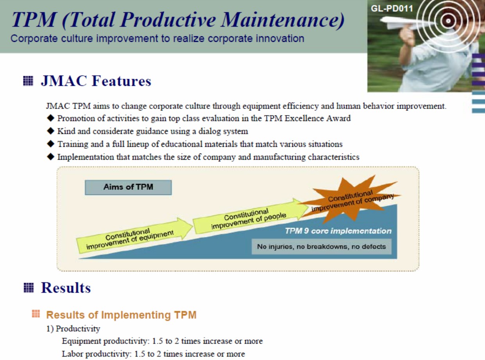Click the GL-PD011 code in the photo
tap(392, 9)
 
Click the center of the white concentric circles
tap(448, 21)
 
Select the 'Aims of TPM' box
tap(128, 187)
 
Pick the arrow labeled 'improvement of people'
tap(251, 216)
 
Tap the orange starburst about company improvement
tap(350, 200)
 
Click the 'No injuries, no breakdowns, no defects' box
tap(321, 247)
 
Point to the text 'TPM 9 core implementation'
tap(338, 231)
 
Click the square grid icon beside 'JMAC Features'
tap(28, 81)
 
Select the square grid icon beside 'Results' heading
tap(29, 287)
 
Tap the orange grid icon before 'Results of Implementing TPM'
tap(36, 314)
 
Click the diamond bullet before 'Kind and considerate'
tap(50, 131)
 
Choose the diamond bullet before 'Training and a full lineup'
tap(50, 144)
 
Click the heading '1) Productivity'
tap(73, 328)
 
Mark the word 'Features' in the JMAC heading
tap(122, 81)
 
